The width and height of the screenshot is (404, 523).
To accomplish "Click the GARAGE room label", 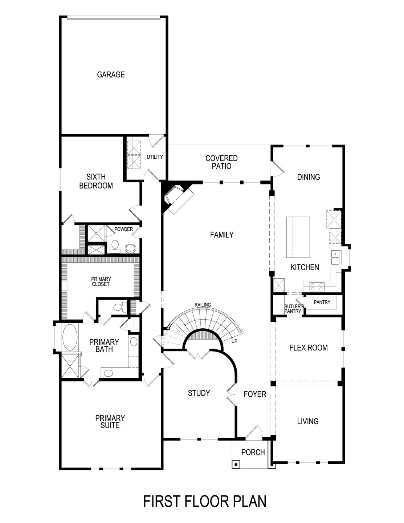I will (x=111, y=75).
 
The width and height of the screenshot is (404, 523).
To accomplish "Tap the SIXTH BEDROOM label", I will (x=96, y=181).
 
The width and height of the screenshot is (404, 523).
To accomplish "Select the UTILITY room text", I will (x=155, y=157).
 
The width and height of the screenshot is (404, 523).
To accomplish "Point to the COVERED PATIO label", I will (x=221, y=162).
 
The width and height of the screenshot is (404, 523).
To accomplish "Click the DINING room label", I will (x=309, y=177).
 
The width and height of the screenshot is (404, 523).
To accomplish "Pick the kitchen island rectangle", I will (x=298, y=237).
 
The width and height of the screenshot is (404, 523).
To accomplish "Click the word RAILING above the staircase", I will (x=203, y=305).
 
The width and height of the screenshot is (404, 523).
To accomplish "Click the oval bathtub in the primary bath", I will (x=70, y=337).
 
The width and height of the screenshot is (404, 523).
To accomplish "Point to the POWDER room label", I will (x=123, y=229).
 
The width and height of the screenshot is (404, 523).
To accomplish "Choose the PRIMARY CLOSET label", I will (x=101, y=281).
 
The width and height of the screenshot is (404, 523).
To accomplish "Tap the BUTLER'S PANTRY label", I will (x=294, y=309).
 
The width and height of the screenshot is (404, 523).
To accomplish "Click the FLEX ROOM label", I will (x=308, y=348).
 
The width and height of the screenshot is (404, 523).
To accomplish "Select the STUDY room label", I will (x=199, y=393).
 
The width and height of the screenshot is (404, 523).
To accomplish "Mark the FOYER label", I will (x=255, y=394).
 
